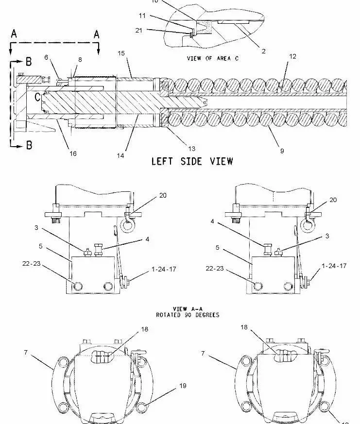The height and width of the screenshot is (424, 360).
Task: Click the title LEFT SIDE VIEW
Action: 192,161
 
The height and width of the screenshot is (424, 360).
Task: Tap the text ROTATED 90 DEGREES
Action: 187,315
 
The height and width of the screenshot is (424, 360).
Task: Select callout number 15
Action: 121,52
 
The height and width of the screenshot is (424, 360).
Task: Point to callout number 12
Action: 292,57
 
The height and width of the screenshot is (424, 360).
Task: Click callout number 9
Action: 282,151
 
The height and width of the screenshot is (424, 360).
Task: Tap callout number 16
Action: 73,153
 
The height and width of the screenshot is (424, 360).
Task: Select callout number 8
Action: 80,59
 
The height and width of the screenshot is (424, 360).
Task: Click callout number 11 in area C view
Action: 142,16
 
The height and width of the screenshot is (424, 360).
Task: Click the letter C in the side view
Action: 36,96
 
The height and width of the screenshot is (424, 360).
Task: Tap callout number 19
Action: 182,387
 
